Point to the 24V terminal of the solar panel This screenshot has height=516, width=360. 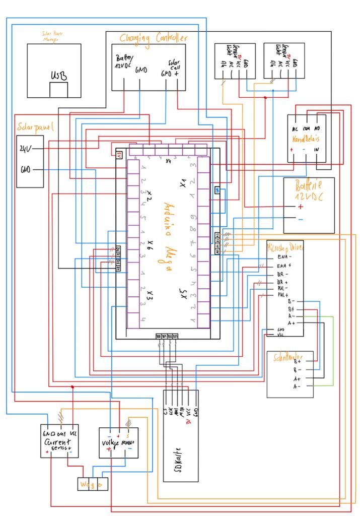pyautogui.click(x=26, y=148)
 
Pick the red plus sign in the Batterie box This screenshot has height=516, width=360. pyautogui.click(x=301, y=207)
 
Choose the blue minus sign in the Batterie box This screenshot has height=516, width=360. pyautogui.click(x=301, y=220)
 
